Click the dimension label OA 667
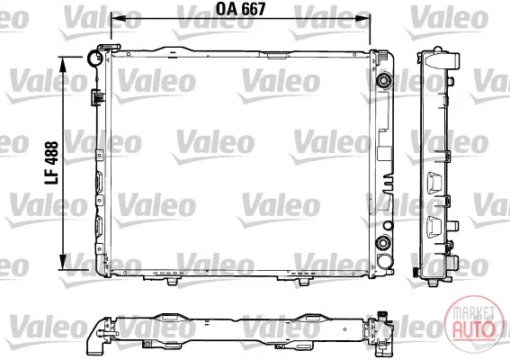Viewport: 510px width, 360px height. click(241, 9)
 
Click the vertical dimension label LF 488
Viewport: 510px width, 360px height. click(51, 163)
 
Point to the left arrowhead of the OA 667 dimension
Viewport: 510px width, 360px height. click(119, 18)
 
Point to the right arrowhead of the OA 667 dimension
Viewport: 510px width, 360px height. click(362, 18)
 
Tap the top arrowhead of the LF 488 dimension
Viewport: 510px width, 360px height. click(62, 65)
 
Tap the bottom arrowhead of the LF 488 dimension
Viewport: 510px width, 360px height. click(62, 262)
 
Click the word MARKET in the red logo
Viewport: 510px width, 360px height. click(474, 313)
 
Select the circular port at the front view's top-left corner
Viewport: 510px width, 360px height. click(94, 58)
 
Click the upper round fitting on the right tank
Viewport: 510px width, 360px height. click(383, 80)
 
